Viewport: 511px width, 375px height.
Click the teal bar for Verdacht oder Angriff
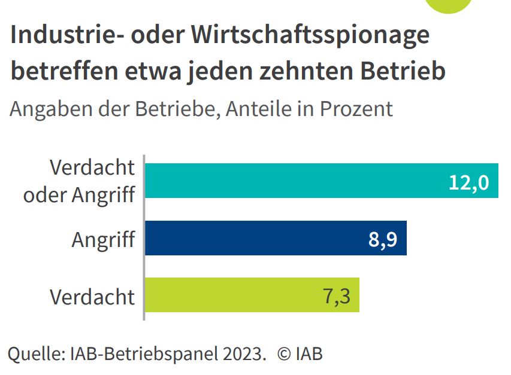[x=294, y=181]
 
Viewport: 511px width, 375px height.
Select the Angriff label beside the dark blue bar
[x=103, y=240]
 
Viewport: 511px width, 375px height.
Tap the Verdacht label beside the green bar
[x=92, y=297]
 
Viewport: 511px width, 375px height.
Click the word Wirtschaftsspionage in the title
[x=311, y=36]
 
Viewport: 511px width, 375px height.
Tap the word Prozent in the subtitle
[x=356, y=109]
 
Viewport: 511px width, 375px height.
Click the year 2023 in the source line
[x=244, y=353]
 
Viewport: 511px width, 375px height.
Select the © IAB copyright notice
[x=300, y=353]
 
